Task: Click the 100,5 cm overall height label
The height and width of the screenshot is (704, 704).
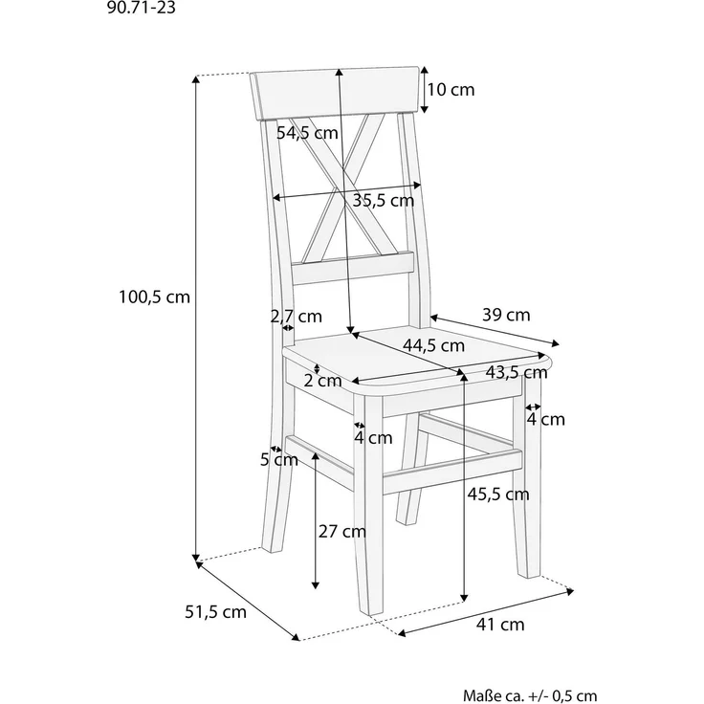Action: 154,297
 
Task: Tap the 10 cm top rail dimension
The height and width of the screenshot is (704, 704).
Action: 451,89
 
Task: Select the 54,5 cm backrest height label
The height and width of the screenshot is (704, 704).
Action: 307,132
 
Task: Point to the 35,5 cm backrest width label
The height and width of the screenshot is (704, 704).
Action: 383,200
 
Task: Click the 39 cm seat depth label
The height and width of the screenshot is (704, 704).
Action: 506,315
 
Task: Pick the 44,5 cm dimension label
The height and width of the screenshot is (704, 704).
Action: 433,345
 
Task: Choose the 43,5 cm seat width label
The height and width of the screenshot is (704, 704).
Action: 517,372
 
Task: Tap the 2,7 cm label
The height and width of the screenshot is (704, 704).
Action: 297,316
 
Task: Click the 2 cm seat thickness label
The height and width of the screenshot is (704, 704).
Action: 322,381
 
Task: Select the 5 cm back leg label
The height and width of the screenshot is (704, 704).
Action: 279,460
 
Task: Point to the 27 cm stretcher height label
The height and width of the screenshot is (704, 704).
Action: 342,532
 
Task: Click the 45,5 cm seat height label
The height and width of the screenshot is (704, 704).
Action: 498,494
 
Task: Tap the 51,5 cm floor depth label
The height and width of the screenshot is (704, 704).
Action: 216,612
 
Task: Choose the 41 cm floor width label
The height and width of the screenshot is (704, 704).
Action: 500,625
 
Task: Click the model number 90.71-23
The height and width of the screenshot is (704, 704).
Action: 141,8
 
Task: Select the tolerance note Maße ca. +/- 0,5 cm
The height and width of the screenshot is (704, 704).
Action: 530,696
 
